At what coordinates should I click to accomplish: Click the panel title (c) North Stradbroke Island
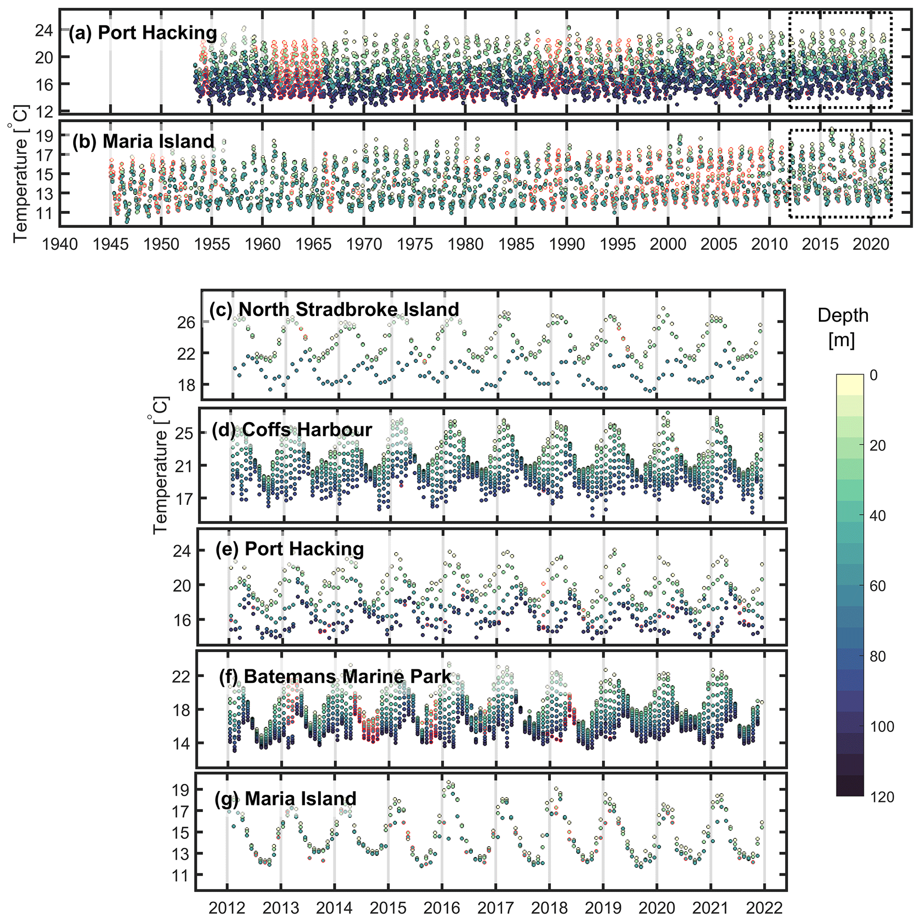tap(334, 309)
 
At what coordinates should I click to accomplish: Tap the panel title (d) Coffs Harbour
tap(291, 430)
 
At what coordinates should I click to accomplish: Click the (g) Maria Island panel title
tap(285, 798)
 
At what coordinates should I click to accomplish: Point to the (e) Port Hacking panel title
tap(289, 549)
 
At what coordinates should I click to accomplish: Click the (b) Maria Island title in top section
tap(143, 141)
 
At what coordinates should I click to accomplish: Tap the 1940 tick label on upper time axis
tap(60, 244)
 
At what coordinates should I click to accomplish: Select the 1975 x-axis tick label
tap(415, 244)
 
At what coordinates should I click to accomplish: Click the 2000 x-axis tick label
tap(668, 244)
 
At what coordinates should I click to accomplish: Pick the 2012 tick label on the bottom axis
tap(227, 907)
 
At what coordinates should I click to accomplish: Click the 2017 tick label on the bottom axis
tap(496, 907)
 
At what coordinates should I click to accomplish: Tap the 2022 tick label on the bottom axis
tap(764, 907)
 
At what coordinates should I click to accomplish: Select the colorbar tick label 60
tap(877, 586)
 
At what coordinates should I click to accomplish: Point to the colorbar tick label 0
tap(873, 375)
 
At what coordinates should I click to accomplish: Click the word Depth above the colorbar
tap(843, 316)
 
